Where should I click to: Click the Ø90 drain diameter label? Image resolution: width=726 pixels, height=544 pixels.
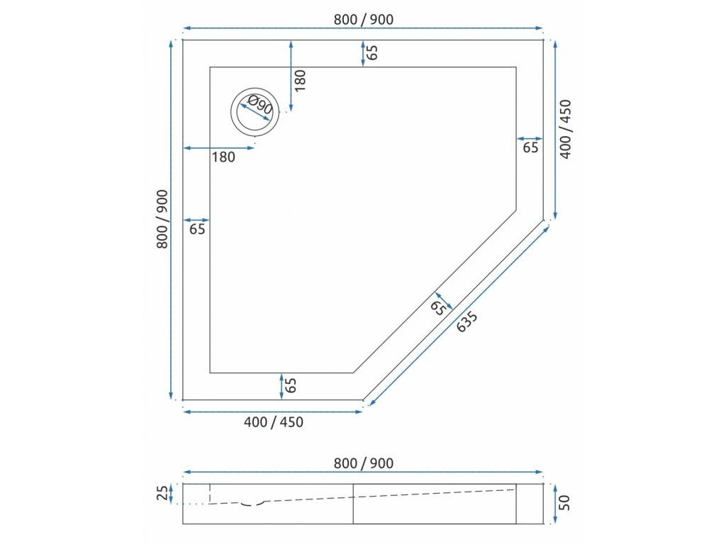point(259,106)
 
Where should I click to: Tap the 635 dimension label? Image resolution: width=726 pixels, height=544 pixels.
point(467,322)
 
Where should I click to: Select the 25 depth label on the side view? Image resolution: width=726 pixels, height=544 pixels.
point(162,494)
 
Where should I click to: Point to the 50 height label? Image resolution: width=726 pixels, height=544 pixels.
point(565,503)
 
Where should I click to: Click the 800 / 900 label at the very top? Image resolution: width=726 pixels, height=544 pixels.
point(364,19)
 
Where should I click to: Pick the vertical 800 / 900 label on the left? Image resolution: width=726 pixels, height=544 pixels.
point(162,220)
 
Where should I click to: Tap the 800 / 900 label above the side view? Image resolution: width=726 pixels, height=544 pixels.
point(364,463)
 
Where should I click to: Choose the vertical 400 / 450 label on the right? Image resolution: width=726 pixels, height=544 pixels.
point(566,130)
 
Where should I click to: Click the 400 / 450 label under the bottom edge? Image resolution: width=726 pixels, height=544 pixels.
point(273,422)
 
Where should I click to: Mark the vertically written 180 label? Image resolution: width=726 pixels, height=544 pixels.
point(300,80)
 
